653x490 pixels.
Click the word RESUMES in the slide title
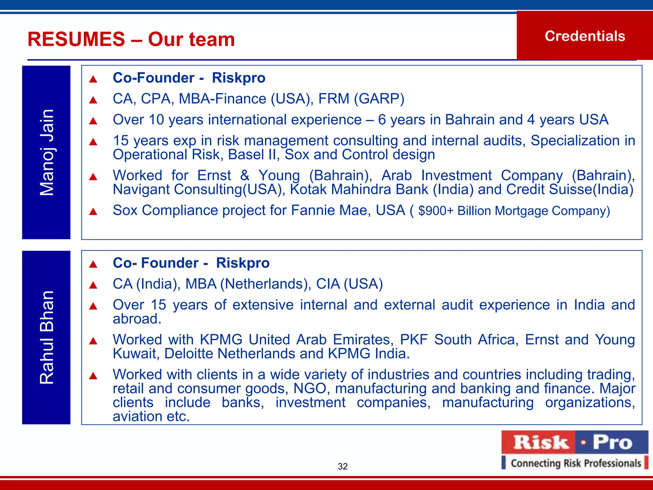tap(76, 39)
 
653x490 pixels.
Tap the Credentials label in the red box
tap(585, 36)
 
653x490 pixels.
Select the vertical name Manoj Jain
tap(47, 152)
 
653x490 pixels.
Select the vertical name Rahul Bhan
tap(47, 338)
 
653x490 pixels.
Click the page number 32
tap(342, 466)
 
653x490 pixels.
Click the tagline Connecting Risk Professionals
tap(576, 463)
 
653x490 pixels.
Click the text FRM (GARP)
tap(361, 99)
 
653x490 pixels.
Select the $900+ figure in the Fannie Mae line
tap(436, 211)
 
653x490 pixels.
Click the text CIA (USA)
tap(349, 284)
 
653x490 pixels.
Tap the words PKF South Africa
tap(459, 340)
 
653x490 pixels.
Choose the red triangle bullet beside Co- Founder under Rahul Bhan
tap(93, 264)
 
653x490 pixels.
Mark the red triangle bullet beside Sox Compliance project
tap(93, 212)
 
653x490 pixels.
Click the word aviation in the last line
tap(137, 417)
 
